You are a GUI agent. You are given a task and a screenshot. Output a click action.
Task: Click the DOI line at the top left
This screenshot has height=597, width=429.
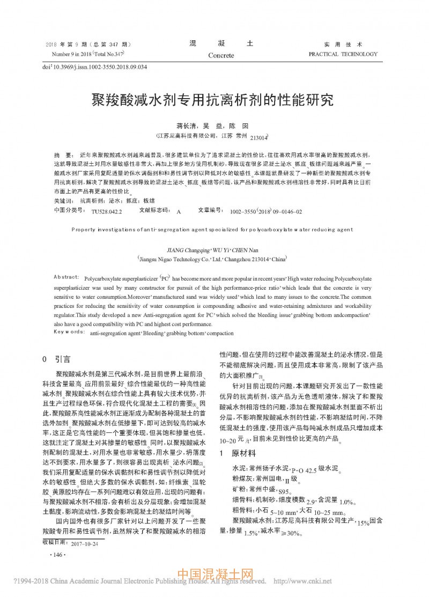click(94, 67)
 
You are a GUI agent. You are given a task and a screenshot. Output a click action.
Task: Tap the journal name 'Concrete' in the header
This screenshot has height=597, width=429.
click(221, 55)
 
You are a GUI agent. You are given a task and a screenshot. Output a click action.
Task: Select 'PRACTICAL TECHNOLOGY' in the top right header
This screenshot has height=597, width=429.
click(343, 54)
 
